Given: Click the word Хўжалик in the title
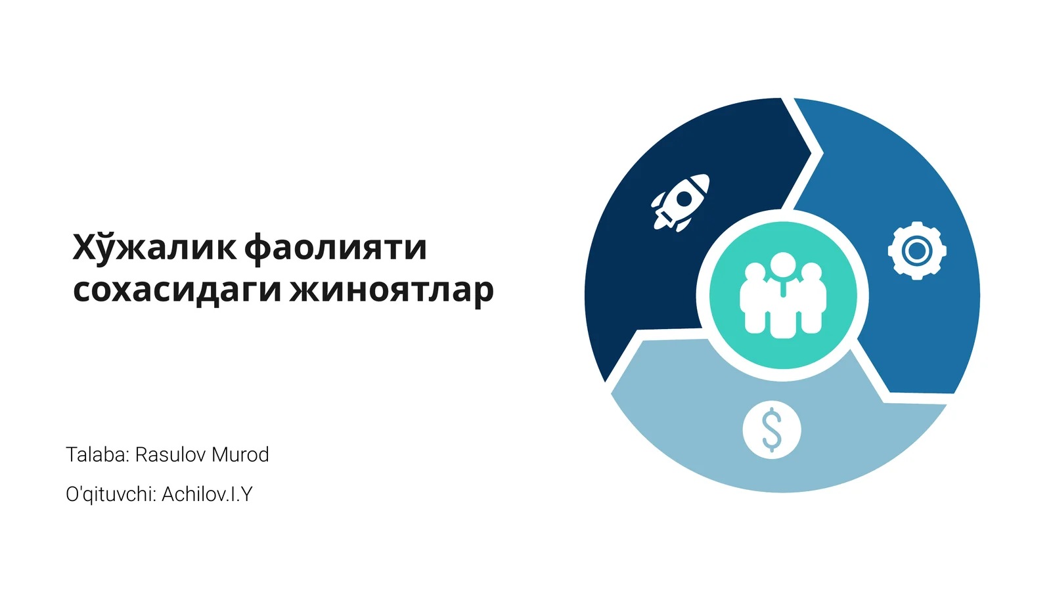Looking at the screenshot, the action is [154, 247].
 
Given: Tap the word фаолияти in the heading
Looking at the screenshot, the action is [336, 249].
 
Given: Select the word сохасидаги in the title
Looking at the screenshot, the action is [177, 290].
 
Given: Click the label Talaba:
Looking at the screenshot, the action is [98, 454].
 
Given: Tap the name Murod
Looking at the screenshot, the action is [240, 454].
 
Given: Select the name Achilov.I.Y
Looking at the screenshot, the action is [207, 494].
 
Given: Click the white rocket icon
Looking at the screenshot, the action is [681, 203].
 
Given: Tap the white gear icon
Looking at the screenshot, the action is [917, 251].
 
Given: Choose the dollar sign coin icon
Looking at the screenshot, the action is [772, 429].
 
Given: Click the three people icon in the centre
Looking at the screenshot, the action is [782, 295].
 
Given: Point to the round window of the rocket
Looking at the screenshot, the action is [684, 199].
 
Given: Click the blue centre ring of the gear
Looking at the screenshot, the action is [917, 251].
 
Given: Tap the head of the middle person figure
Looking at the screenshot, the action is [782, 265].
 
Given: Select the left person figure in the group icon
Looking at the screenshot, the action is [753, 298].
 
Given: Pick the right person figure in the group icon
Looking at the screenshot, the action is [812, 298].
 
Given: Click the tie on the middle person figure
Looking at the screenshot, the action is [782, 288].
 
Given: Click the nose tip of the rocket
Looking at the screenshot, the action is [707, 177].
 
